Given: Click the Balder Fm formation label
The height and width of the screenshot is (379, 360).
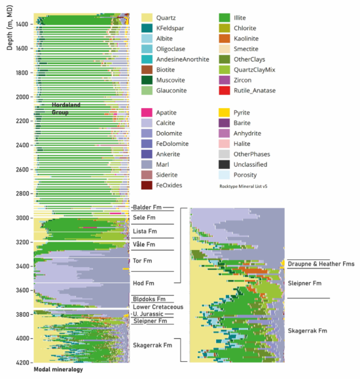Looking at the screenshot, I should pos(146,207).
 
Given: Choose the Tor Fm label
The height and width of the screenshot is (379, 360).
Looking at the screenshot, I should pos(143,261).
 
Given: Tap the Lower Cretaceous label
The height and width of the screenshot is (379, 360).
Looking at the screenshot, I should pos(156,306).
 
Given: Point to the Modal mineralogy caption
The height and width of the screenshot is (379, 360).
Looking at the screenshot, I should pos(58,370).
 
